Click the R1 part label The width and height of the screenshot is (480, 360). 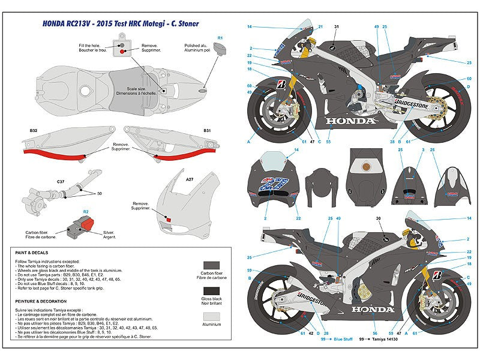coord(220,38)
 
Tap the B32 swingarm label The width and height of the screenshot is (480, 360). coord(34,130)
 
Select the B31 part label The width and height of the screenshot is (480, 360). coord(206,130)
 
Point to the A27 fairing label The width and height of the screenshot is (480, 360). coord(190,179)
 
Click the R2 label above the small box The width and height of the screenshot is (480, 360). coord(86,212)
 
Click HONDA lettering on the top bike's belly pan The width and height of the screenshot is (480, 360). coord(350,121)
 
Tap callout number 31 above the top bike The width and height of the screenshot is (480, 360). coord(337,27)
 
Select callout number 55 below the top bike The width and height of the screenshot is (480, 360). coord(328,142)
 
